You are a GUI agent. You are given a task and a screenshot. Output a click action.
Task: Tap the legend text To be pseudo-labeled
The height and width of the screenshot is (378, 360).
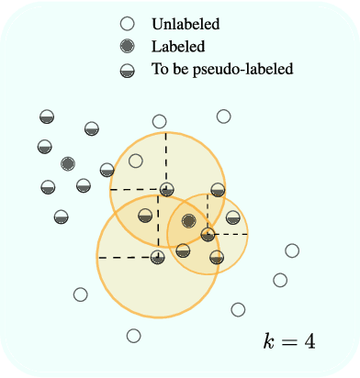(x=219, y=70)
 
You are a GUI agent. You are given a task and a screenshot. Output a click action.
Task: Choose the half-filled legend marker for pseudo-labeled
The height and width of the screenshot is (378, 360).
(x=129, y=70)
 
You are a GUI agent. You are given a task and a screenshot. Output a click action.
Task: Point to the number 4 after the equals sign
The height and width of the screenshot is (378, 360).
(x=309, y=341)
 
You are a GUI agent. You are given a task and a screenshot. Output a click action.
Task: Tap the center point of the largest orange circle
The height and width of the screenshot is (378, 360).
(x=158, y=257)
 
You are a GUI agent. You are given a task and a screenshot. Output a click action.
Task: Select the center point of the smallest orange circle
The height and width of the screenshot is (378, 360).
(x=208, y=234)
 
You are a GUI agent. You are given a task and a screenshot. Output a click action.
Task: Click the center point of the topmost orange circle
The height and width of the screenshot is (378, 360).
(x=166, y=191)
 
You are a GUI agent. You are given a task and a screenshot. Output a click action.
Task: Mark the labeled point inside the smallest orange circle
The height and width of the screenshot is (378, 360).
(x=188, y=220)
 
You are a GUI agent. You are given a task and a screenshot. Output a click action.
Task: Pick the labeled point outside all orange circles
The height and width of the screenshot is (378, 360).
(x=67, y=164)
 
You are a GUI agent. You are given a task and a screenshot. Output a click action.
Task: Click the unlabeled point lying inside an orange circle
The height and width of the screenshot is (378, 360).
(x=136, y=161)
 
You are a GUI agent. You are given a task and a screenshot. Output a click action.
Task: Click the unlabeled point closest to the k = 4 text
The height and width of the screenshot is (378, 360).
(x=239, y=309)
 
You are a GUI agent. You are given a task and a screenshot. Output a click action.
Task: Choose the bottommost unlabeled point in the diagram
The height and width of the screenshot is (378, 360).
(x=134, y=336)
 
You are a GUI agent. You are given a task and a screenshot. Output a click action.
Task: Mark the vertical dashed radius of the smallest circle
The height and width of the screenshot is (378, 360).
(x=208, y=214)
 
